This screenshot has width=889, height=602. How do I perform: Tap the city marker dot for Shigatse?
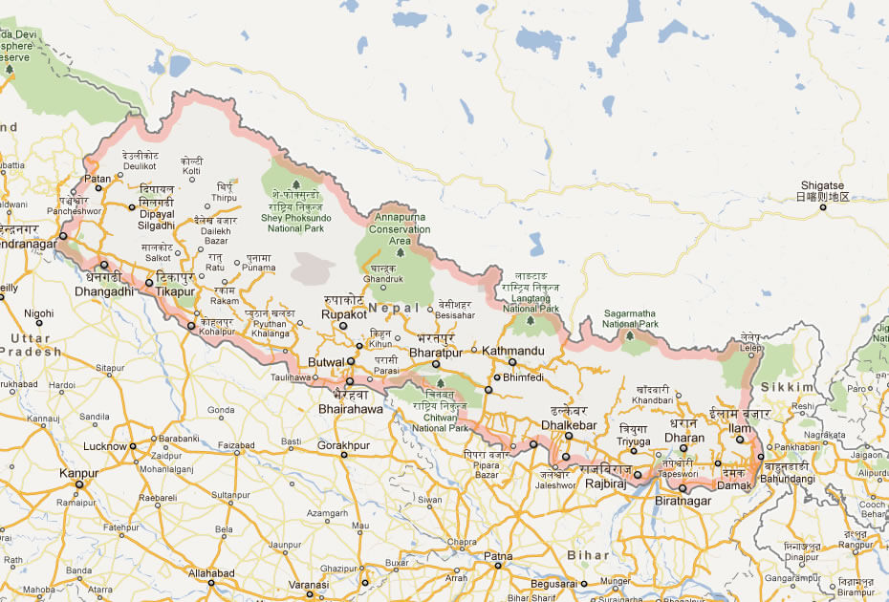tap(821, 206)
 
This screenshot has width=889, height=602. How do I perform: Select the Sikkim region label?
tap(788, 386)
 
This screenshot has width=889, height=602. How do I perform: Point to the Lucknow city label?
tap(105, 446)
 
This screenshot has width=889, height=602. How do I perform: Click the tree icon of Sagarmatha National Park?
tap(629, 336)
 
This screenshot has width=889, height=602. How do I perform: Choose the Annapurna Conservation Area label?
tap(400, 229)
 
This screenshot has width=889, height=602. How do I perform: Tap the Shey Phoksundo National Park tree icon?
tap(295, 184)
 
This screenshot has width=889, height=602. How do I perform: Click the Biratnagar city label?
tap(683, 500)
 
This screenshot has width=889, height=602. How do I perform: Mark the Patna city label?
tap(497, 555)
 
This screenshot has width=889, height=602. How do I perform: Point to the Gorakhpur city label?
tap(343, 445)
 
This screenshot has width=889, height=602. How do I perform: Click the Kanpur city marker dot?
tap(79, 484)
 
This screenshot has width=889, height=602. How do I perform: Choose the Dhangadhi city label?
tap(104, 290)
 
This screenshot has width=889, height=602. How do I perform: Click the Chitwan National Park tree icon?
tap(440, 382)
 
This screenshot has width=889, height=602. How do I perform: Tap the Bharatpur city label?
tap(435, 352)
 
